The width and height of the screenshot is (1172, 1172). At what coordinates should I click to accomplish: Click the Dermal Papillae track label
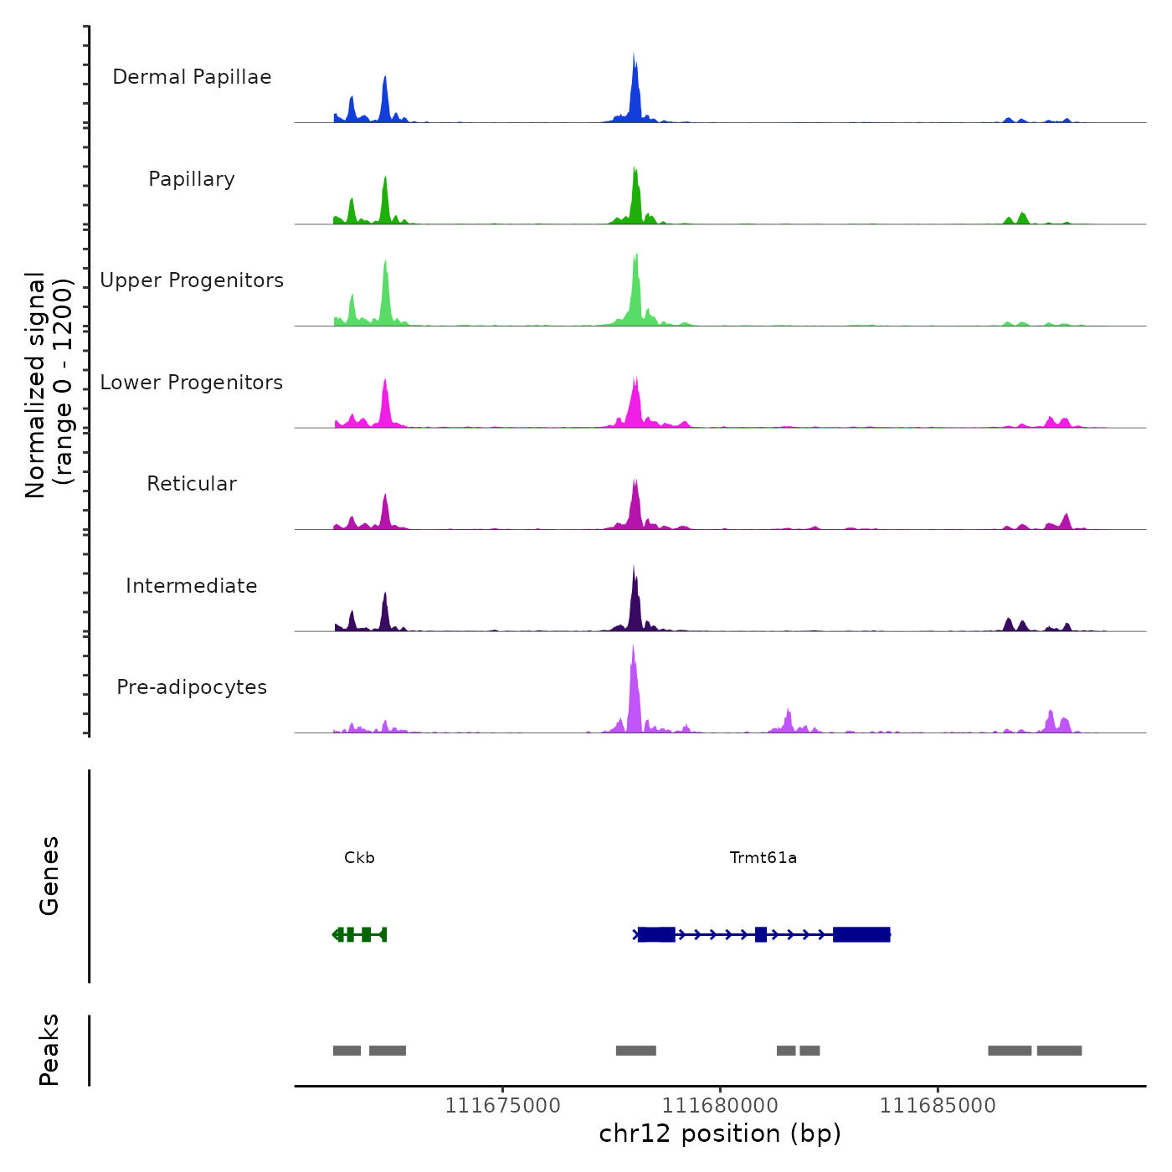[x=192, y=77]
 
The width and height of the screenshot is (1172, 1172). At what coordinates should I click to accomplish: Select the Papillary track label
[x=192, y=179]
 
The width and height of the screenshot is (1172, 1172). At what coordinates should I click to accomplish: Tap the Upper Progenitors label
[x=192, y=280]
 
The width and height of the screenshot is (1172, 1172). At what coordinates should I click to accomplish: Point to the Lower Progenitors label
[x=192, y=383]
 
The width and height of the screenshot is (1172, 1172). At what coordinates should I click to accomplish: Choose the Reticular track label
[x=192, y=484]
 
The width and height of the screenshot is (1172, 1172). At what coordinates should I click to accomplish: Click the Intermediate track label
[x=192, y=586]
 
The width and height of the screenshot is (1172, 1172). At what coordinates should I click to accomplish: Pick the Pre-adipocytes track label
[x=192, y=687]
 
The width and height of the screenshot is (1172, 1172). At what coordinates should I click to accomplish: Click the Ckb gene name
[x=359, y=858]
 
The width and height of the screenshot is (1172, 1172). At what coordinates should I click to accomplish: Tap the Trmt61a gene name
[x=763, y=858]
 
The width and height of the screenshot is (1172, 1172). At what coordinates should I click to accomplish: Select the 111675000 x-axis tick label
[x=502, y=1106]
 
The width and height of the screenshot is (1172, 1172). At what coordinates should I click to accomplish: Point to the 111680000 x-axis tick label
[x=720, y=1106]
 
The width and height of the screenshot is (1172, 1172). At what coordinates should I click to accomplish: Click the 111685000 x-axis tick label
[x=938, y=1106]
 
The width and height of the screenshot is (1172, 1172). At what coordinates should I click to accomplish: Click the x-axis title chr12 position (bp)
[x=720, y=1134]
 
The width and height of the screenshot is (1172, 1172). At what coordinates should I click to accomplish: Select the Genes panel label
[x=49, y=876]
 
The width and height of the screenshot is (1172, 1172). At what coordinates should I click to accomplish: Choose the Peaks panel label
[x=49, y=1050]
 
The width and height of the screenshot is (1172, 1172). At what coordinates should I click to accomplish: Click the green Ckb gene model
[x=360, y=934]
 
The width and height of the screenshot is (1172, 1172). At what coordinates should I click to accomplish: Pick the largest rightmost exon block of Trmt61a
[x=861, y=934]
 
